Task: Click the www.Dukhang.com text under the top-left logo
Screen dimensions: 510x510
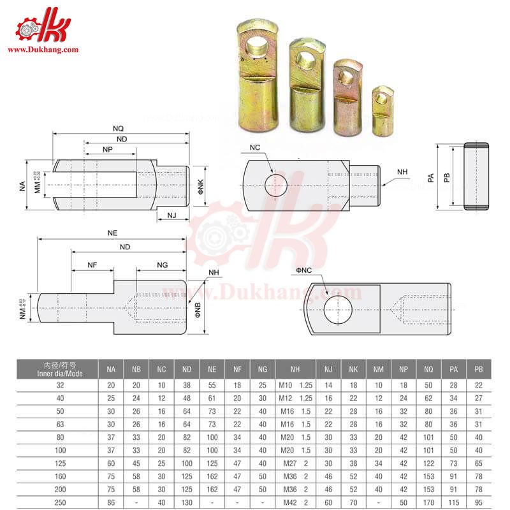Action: pyautogui.click(x=42, y=49)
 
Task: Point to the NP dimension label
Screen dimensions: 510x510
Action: pyautogui.click(x=108, y=148)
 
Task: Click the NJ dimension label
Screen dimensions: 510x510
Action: pyautogui.click(x=171, y=215)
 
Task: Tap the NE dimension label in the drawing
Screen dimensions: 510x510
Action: pyautogui.click(x=113, y=233)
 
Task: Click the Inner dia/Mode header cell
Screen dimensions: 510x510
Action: pyautogui.click(x=59, y=369)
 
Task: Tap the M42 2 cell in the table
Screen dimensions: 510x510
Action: pyautogui.click(x=295, y=503)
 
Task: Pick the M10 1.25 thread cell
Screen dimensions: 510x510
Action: pyautogui.click(x=295, y=386)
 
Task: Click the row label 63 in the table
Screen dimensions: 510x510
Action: pyautogui.click(x=59, y=425)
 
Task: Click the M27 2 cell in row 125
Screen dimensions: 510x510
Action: pyautogui.click(x=295, y=463)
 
